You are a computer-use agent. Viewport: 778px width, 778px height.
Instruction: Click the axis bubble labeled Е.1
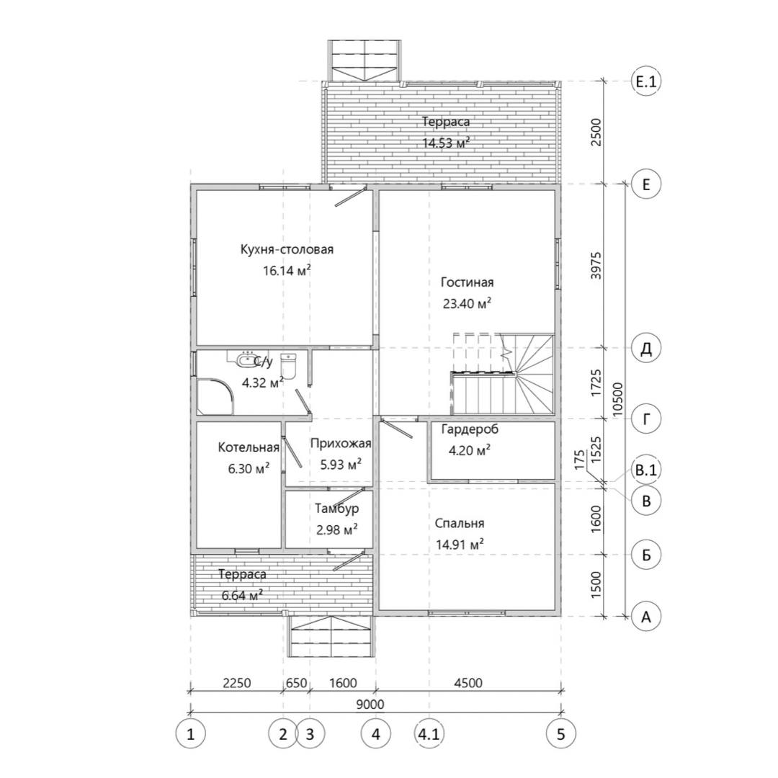point(646,81)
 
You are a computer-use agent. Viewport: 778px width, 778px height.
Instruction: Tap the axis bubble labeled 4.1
point(429,733)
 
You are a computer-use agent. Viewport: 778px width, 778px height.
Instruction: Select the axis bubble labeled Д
point(646,348)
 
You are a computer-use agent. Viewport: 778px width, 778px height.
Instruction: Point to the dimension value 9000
point(370,704)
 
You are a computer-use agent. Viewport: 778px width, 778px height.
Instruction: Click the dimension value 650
point(296,683)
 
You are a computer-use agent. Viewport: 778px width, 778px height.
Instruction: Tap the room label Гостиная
point(467,282)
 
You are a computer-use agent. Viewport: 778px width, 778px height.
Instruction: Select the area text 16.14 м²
point(287,270)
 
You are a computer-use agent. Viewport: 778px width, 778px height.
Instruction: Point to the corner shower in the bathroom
point(215,397)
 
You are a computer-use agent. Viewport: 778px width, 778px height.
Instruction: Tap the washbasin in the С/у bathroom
point(245,359)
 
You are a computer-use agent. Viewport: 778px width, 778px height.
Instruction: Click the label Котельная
point(249,447)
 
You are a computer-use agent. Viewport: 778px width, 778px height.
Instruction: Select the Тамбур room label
point(337,509)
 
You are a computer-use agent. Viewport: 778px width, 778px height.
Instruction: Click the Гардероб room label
point(470,429)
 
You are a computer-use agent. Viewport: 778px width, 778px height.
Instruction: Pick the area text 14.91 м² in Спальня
point(460,545)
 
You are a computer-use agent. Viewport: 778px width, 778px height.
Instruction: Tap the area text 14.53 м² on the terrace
point(446,143)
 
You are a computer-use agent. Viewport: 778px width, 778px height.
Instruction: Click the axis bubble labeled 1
point(190,733)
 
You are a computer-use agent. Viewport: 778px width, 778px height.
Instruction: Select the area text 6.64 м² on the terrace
point(242,596)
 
